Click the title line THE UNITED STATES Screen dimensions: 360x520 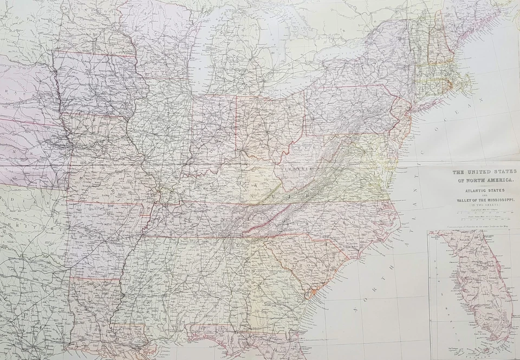tap(484, 172)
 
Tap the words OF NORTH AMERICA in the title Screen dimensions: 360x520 tap(484, 179)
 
